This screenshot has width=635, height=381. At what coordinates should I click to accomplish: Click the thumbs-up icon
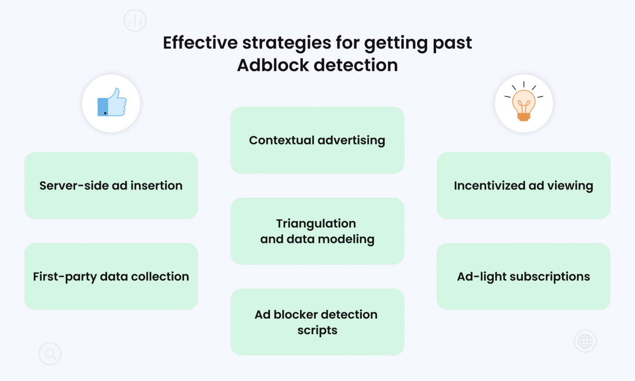pyautogui.click(x=112, y=103)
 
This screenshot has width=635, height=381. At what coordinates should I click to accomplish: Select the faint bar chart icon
pyautogui.click(x=135, y=20)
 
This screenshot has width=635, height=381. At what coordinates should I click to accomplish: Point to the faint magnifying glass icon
pyautogui.click(x=50, y=354)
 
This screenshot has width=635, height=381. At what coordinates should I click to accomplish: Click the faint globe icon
pyautogui.click(x=585, y=341)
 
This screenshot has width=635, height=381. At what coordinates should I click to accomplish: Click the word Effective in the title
pyautogui.click(x=200, y=43)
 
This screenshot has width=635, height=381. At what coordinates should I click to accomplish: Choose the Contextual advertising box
pyautogui.click(x=317, y=140)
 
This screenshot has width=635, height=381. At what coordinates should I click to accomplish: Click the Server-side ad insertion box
pyautogui.click(x=111, y=186)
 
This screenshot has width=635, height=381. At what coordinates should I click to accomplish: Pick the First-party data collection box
pyautogui.click(x=111, y=276)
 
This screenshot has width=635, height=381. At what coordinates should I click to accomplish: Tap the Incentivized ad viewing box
pyautogui.click(x=523, y=186)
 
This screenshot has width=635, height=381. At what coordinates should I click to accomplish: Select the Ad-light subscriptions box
pyautogui.click(x=523, y=276)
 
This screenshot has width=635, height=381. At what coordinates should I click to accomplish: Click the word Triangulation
pyautogui.click(x=316, y=224)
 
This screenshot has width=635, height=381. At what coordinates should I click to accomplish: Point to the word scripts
pyautogui.click(x=317, y=330)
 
